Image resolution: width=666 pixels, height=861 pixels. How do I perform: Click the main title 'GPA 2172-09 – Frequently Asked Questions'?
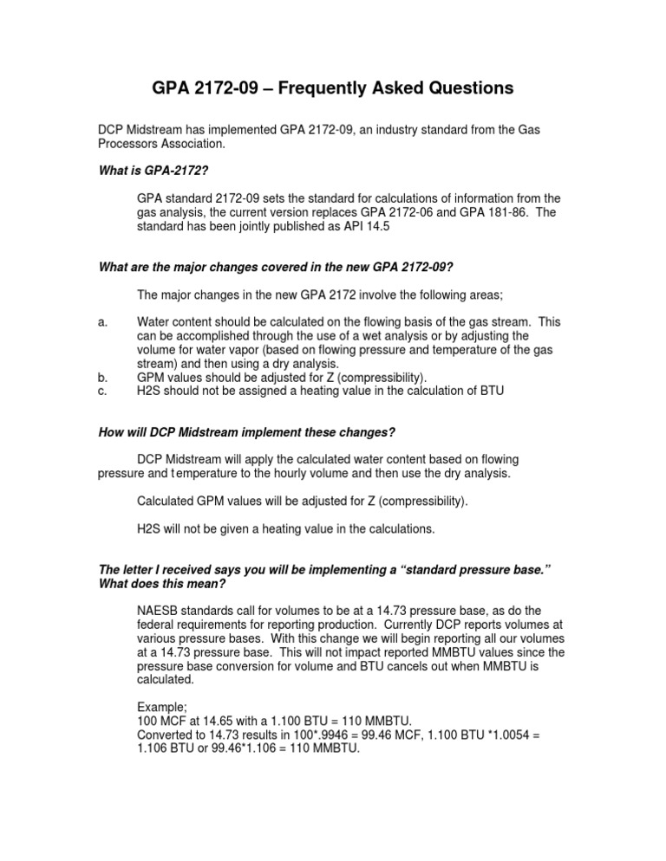pos(333,87)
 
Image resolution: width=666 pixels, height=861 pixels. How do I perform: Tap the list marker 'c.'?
pos(101,392)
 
